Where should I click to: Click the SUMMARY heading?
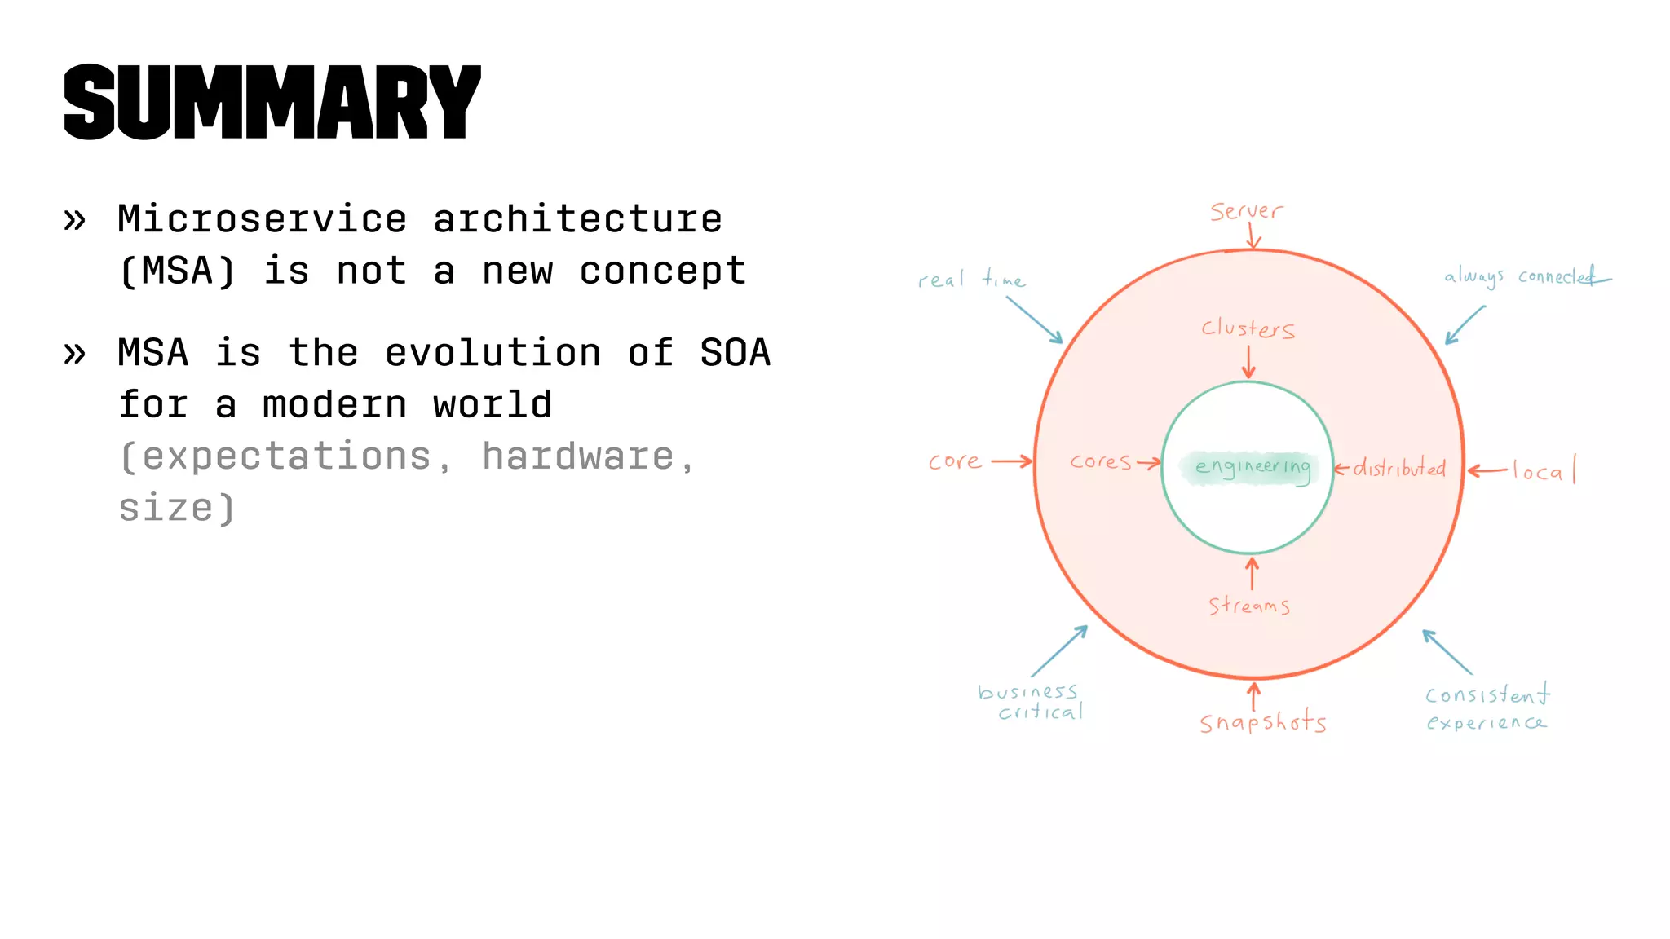tap(272, 102)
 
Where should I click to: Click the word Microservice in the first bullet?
tap(262, 219)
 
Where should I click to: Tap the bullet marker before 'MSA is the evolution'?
tap(74, 354)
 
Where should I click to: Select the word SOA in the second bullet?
tap(735, 353)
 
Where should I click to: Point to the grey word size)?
tap(177, 509)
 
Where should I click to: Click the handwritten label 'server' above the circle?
tap(1245, 212)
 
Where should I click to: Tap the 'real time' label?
tap(970, 280)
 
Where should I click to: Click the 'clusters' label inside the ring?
tap(1248, 328)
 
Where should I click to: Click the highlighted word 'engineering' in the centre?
tap(1252, 467)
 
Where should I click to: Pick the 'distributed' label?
tap(1399, 468)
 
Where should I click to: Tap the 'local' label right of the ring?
tap(1543, 471)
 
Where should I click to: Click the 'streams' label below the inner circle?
tap(1248, 606)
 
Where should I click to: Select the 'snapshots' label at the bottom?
tap(1262, 722)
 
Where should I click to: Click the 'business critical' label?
tap(1031, 702)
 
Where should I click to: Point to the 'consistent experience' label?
tap(1486, 708)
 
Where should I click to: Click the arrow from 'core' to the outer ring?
tap(1012, 461)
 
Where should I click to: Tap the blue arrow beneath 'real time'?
tap(1034, 320)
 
